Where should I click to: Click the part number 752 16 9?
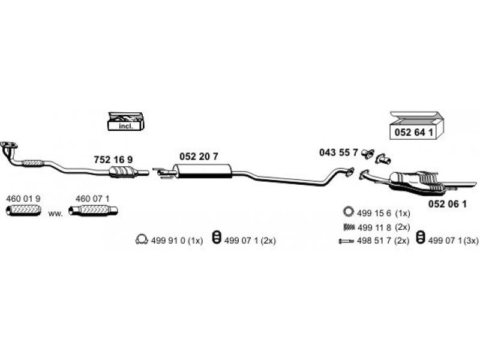click(113, 160)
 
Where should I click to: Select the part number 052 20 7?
click(199, 156)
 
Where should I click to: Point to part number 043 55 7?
click(338, 154)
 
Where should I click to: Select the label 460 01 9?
click(23, 198)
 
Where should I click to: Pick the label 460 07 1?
click(92, 198)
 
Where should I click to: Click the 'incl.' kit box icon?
click(125, 122)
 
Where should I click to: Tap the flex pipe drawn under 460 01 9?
click(23, 211)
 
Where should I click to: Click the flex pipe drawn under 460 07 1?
click(92, 211)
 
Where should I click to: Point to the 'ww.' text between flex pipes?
click(55, 213)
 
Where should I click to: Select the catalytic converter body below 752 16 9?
click(125, 173)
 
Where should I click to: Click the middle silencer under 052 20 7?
click(205, 174)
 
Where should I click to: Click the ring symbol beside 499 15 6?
click(348, 211)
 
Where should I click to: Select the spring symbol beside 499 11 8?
click(349, 227)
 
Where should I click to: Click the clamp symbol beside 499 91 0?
click(142, 240)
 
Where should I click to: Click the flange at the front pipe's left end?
click(8, 145)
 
